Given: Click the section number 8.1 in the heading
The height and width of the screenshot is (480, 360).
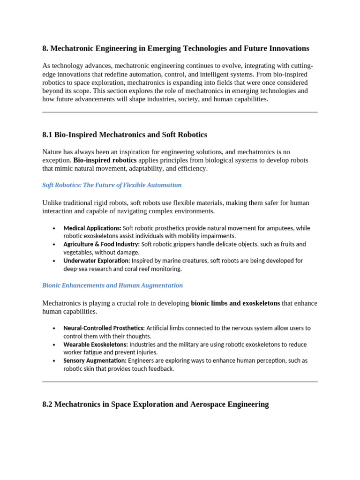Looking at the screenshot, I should coord(47,135).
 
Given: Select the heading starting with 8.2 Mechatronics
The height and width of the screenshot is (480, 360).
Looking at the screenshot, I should coord(155,404).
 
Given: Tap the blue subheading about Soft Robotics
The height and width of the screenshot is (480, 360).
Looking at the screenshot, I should coord(112,185).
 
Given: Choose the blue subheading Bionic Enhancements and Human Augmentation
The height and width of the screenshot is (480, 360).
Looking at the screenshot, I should coord(112,285).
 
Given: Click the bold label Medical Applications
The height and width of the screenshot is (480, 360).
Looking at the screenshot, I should coord(92,228).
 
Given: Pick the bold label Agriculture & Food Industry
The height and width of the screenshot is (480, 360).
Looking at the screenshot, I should coord(101,244).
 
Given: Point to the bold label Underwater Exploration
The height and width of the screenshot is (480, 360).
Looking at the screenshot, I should coord(96,261).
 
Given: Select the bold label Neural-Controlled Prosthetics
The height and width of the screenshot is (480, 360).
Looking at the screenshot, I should coord(104,328).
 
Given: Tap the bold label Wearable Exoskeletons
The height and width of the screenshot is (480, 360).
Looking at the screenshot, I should coord(96,345).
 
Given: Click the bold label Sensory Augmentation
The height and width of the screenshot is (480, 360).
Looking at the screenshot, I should coord(95,361).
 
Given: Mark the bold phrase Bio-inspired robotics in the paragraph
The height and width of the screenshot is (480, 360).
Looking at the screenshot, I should coord(105,160).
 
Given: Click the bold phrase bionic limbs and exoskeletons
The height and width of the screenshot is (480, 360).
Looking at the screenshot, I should coord(235,303).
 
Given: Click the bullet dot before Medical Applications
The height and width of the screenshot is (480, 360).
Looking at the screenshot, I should coord(54,229).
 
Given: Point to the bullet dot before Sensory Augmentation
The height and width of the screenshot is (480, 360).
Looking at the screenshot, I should coord(54,361).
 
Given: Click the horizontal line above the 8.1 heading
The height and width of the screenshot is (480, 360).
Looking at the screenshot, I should coord(180,112).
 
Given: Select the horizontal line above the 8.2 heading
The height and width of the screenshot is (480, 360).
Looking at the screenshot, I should coord(180,382).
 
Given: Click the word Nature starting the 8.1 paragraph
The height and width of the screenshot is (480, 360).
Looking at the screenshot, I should coord(52,152).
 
